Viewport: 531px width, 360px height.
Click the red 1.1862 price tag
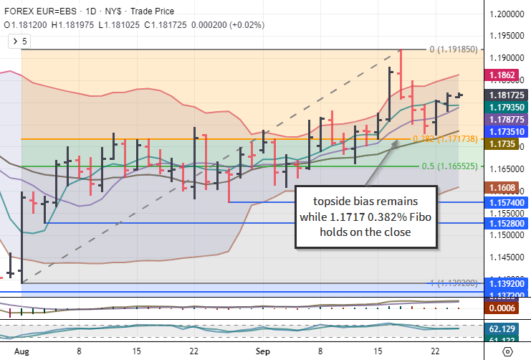tap(501, 75)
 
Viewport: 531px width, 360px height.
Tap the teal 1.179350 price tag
tap(506, 107)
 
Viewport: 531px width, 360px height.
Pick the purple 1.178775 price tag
tap(506, 119)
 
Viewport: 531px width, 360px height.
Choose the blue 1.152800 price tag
tap(506, 224)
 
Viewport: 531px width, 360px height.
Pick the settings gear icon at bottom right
tap(507, 352)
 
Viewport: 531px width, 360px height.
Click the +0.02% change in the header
tap(247, 24)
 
